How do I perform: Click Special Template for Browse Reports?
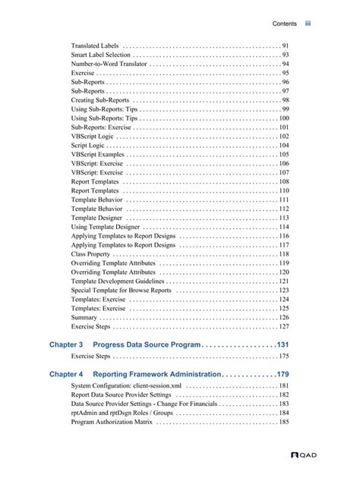tap(121, 290)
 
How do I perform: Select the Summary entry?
tap(84, 317)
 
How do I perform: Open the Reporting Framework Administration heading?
tap(156, 374)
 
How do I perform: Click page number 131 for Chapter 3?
tap(283, 344)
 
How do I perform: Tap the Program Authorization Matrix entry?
tap(112, 422)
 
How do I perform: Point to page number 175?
tap(283, 356)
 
